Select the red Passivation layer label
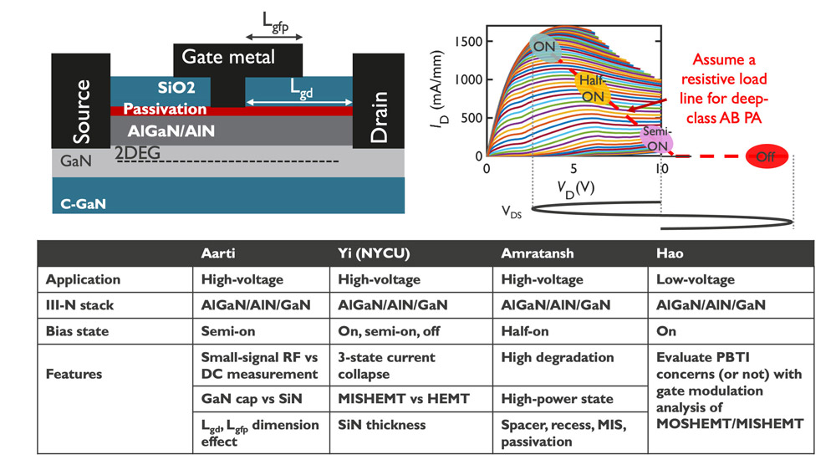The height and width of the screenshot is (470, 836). coord(166,110)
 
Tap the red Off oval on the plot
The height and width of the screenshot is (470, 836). coord(765,156)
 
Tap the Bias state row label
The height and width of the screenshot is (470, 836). coord(78,330)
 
